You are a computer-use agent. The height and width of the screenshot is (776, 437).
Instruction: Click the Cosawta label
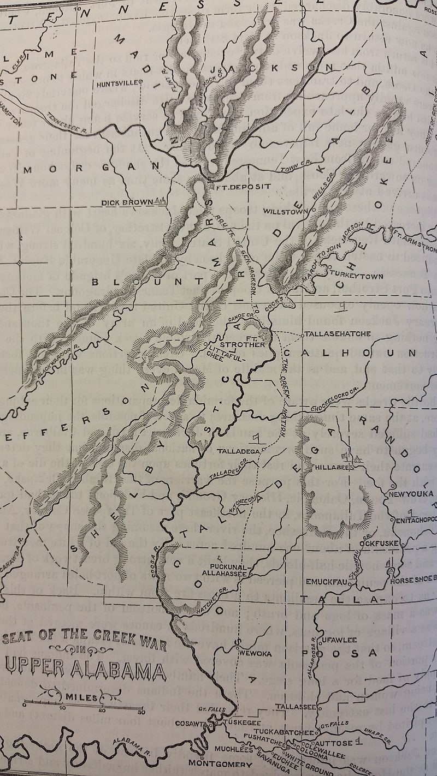[x=192, y=723]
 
